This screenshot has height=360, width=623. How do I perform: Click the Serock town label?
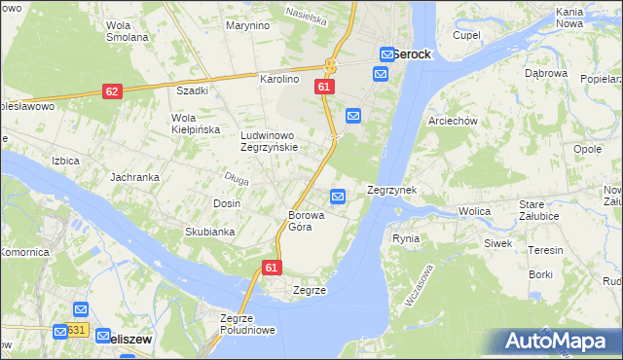[x=412, y=54]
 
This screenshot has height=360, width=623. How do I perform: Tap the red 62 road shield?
[x=112, y=90]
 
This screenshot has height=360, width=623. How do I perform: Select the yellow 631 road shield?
[x=79, y=331]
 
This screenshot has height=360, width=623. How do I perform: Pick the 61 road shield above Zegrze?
[x=272, y=268]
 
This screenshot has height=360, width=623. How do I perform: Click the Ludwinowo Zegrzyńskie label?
[x=276, y=142]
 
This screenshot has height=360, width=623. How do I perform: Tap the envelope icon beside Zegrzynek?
[x=338, y=197]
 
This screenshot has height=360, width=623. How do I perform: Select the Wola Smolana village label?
[x=127, y=31]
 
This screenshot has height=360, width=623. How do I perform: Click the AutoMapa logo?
[x=562, y=342]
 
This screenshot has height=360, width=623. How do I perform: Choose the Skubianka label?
[x=210, y=232]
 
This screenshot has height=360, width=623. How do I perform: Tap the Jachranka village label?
[x=134, y=177]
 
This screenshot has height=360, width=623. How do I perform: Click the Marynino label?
[x=247, y=25]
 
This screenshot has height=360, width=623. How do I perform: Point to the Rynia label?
[x=406, y=238]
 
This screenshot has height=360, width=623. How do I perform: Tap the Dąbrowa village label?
[x=545, y=73]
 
